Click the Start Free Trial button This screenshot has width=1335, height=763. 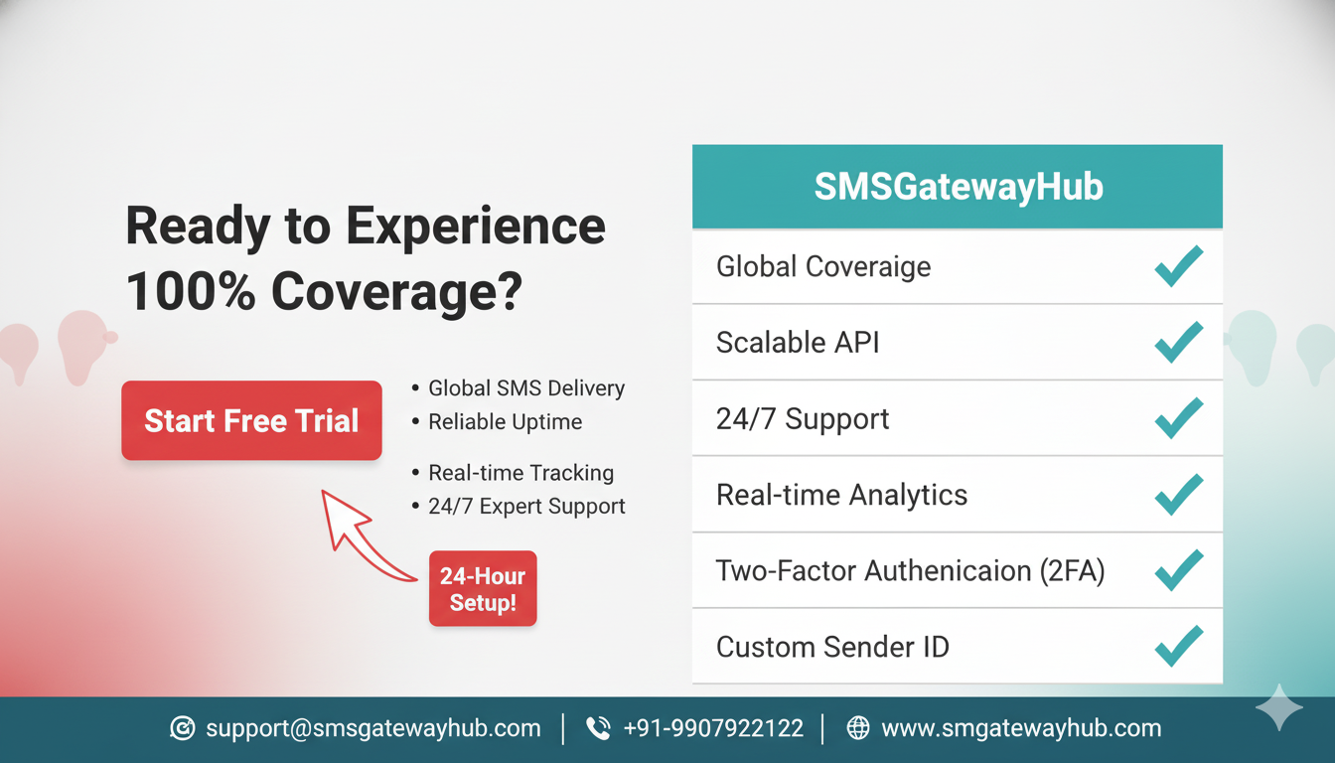pos(251,420)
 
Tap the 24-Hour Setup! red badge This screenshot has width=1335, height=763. pos(483,588)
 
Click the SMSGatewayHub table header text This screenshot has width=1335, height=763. pos(959,187)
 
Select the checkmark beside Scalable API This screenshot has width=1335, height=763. pos(1179,342)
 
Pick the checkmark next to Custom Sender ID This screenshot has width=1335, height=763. pos(1179,646)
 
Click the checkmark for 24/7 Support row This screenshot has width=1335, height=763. pos(1179,418)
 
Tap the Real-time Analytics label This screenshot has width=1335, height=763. pos(841,495)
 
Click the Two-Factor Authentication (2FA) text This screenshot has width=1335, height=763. pos(910,571)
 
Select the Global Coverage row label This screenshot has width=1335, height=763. pos(823,266)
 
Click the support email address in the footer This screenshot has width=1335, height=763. pos(373,728)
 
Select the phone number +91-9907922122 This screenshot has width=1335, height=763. pos(713,728)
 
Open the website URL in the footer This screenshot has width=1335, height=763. pos(1021,728)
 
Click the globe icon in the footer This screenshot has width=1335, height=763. pos(858,728)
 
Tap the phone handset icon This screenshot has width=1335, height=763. pos(598,728)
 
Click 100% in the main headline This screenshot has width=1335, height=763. pos(191,292)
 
